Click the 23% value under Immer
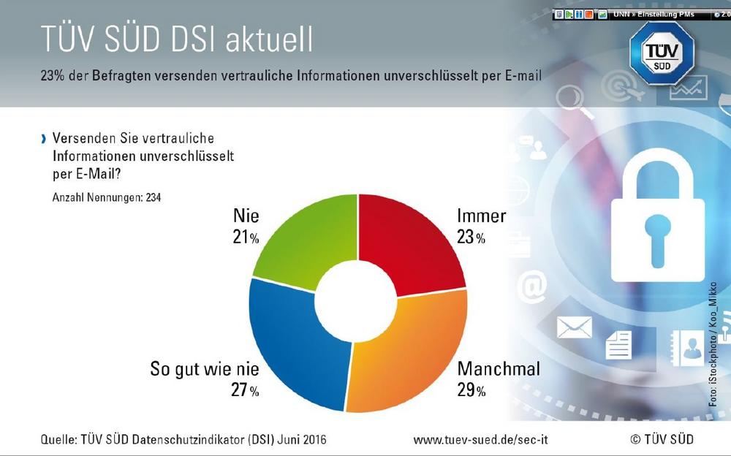471,237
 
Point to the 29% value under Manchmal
471,390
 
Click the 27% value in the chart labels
244,390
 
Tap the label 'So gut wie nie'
204,368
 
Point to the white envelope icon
574,327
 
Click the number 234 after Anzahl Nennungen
153,197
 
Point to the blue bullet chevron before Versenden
44,138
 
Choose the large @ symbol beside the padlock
532,287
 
